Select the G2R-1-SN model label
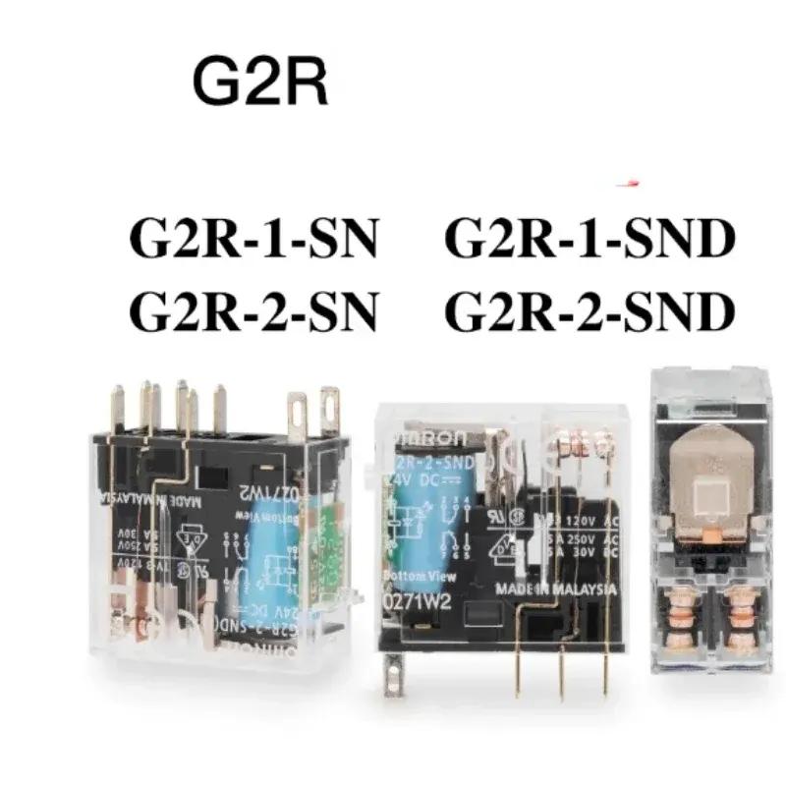click(x=253, y=241)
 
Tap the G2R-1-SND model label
click(x=589, y=241)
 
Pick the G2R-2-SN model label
click(x=253, y=311)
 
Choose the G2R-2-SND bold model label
click(x=589, y=311)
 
